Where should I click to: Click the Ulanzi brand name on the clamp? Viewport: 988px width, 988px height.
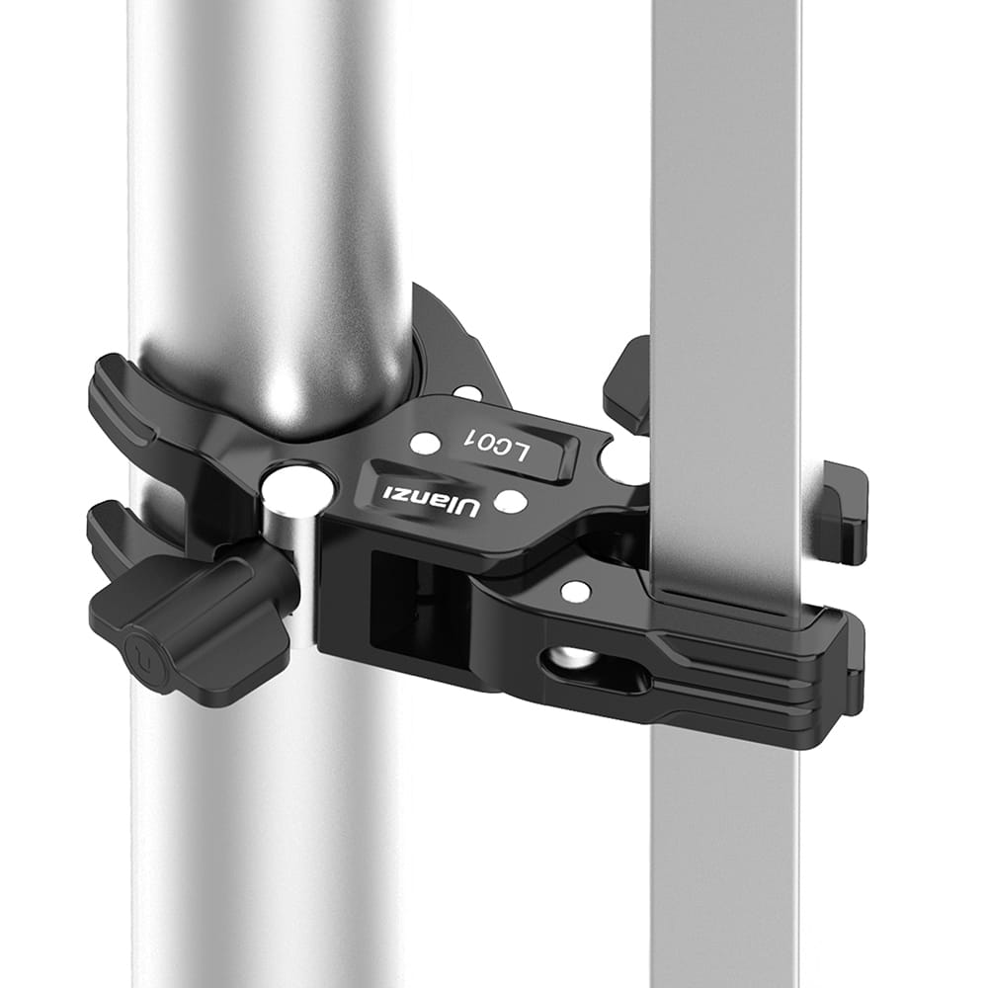[427, 497]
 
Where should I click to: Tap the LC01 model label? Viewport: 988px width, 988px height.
[497, 447]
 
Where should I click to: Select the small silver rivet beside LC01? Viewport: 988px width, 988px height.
[423, 443]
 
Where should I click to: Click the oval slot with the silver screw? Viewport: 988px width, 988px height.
[592, 667]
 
